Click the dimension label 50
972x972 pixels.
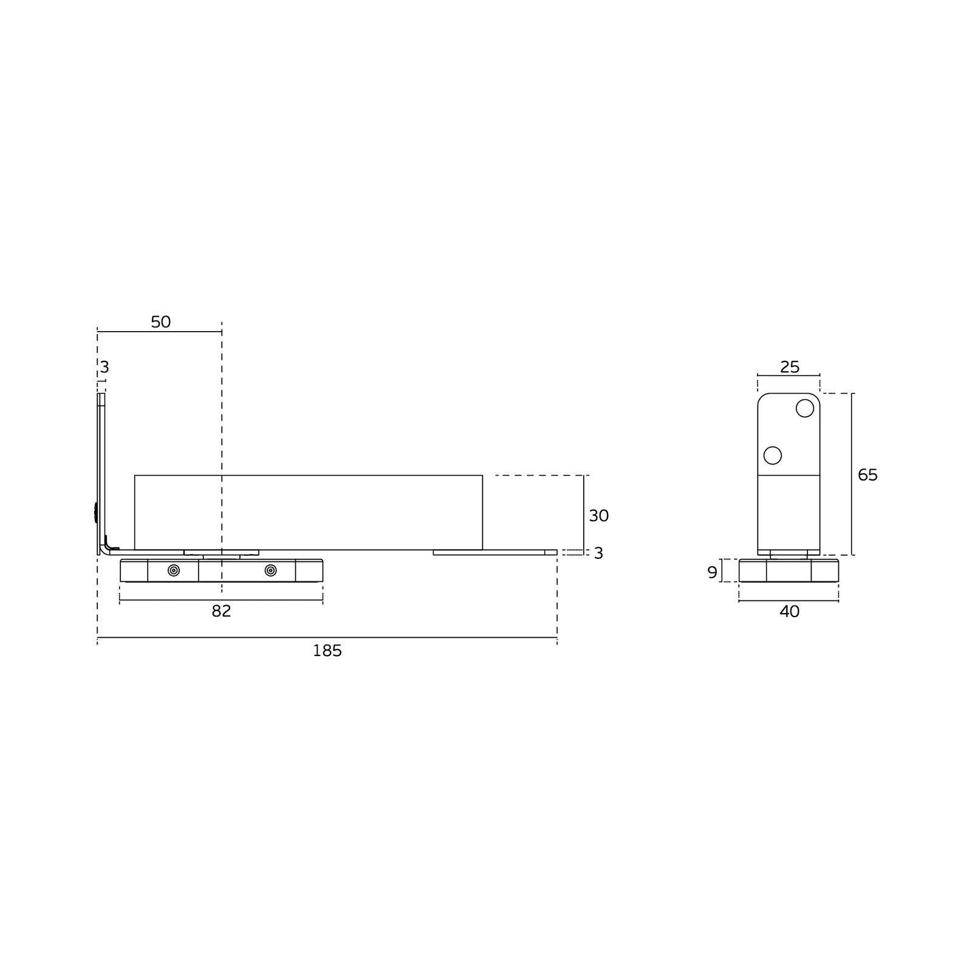(x=161, y=322)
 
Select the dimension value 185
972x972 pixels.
(x=327, y=651)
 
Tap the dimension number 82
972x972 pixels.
(x=221, y=611)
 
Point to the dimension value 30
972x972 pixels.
(x=598, y=516)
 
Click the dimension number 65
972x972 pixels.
(x=868, y=475)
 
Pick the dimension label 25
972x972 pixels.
(x=790, y=367)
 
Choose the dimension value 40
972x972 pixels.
(x=789, y=612)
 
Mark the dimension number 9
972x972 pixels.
(x=713, y=572)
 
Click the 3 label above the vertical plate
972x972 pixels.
(x=104, y=367)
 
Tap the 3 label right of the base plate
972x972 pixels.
(x=598, y=553)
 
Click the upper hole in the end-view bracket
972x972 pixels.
(x=804, y=408)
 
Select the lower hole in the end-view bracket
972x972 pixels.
(x=772, y=455)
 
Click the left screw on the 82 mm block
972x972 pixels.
(x=174, y=570)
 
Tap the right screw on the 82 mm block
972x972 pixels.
(x=271, y=570)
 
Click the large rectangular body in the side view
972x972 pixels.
(x=308, y=512)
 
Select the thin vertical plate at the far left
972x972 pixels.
(x=101, y=462)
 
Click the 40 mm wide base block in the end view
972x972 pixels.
(x=789, y=571)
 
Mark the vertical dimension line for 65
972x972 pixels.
(x=852, y=474)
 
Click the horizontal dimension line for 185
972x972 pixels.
(x=425, y=637)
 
